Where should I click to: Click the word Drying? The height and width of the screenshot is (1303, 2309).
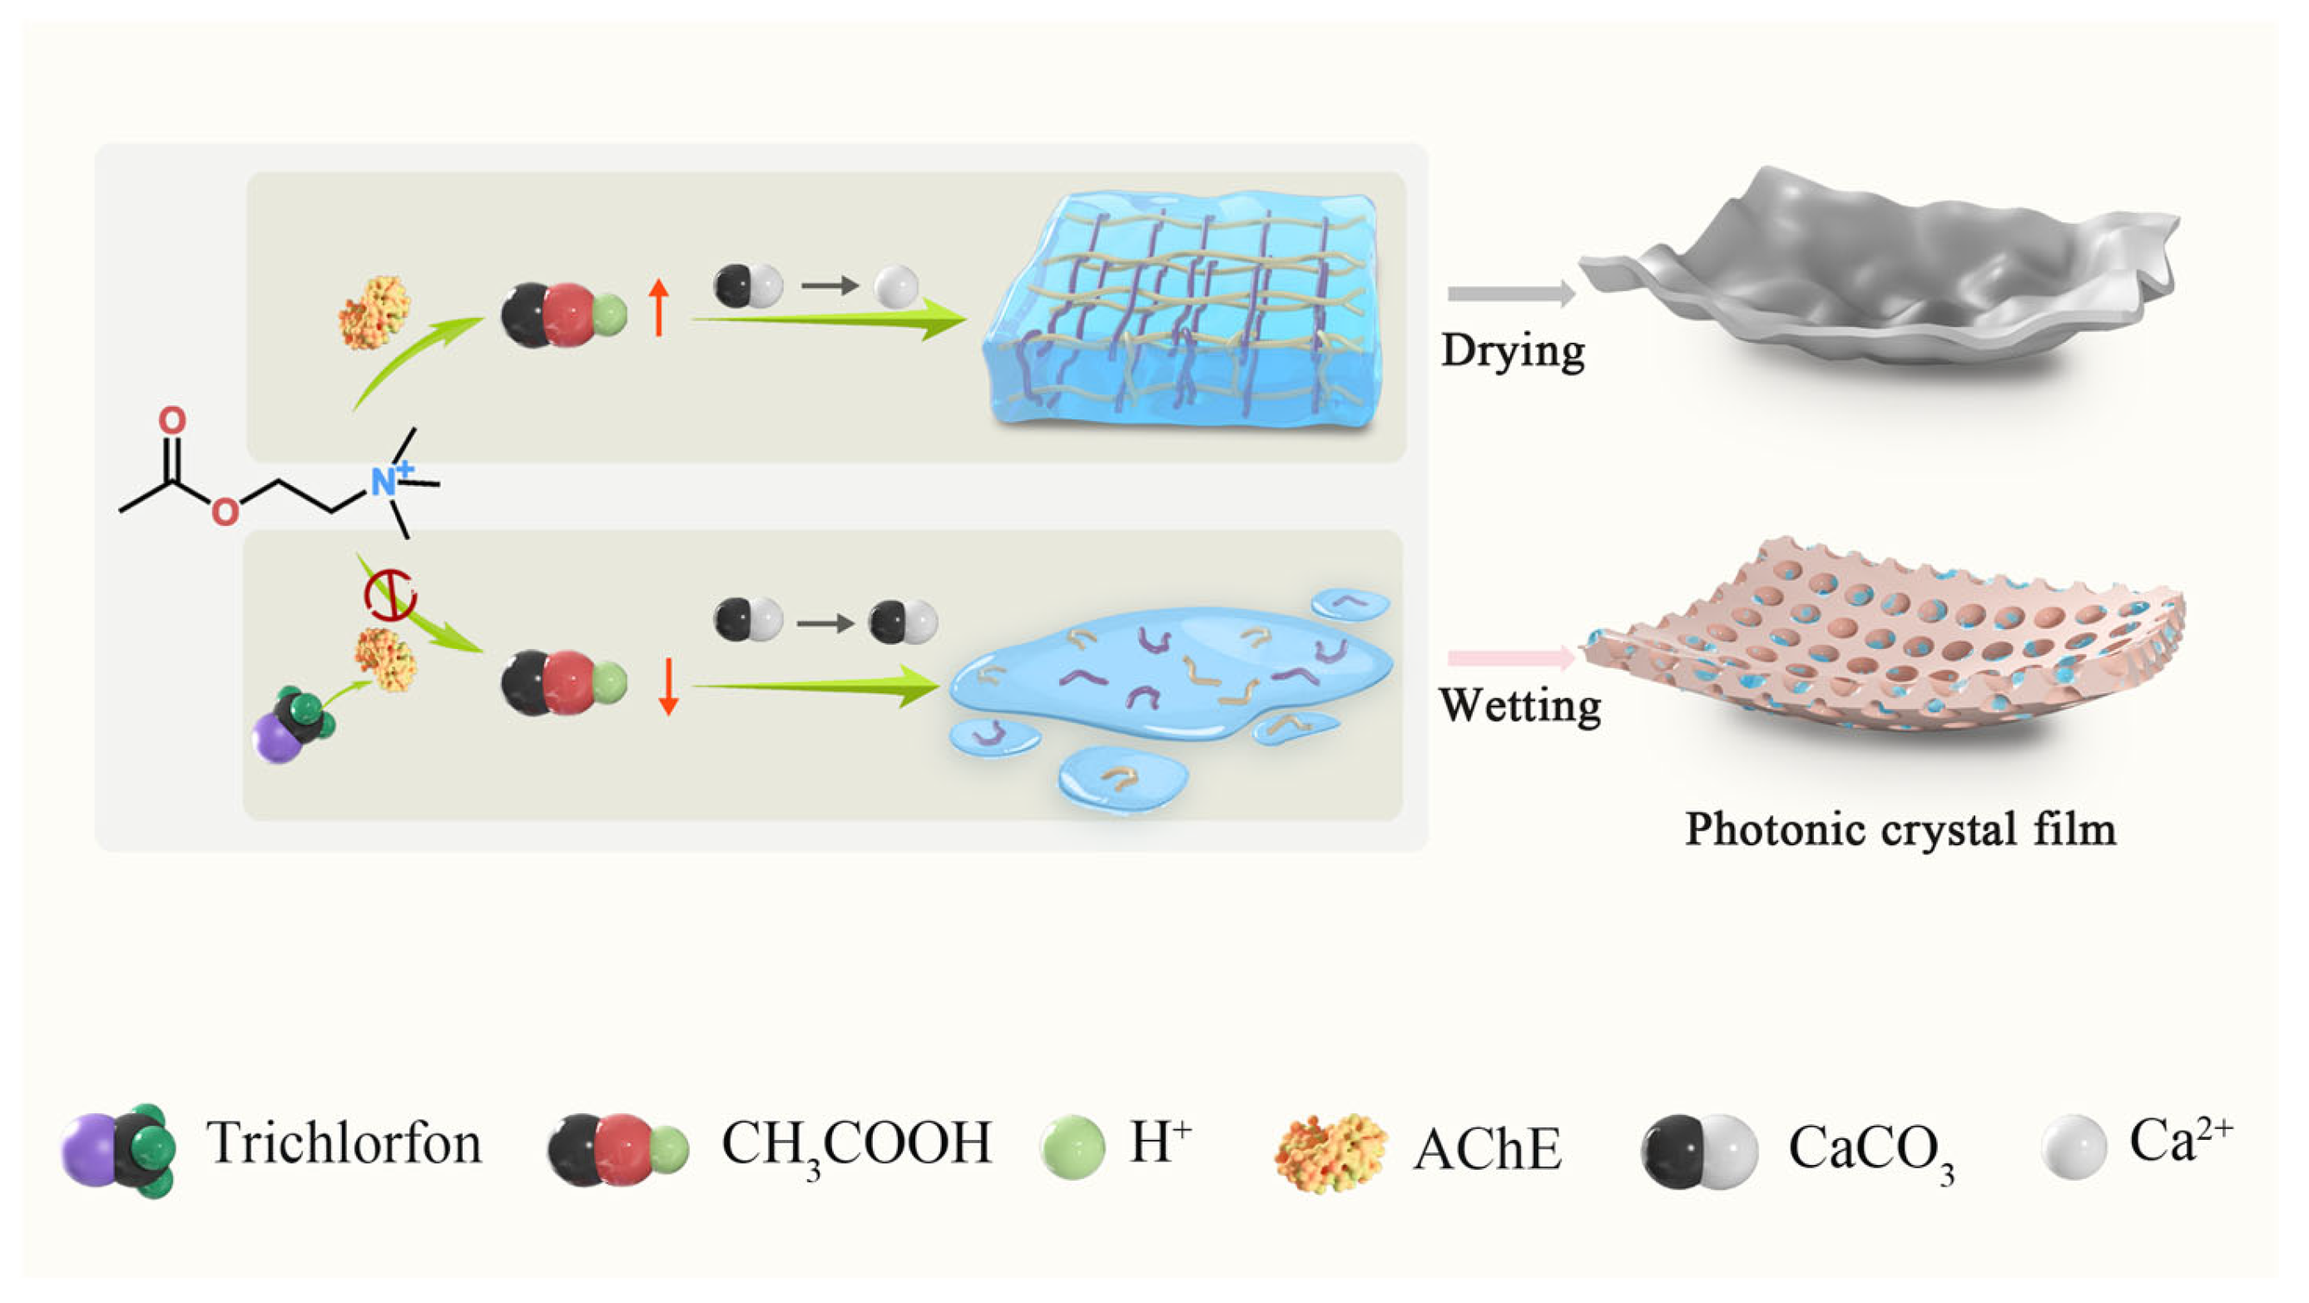(x=1512, y=349)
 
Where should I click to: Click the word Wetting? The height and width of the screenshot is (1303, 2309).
(x=1519, y=706)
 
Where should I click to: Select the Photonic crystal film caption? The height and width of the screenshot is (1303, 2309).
(x=1900, y=828)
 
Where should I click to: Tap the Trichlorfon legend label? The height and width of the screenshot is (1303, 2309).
(x=344, y=1143)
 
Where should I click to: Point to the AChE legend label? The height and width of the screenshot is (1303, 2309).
(x=1488, y=1149)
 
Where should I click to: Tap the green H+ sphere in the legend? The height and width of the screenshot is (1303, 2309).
(x=1073, y=1147)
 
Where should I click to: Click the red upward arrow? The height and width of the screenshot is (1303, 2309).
(x=659, y=306)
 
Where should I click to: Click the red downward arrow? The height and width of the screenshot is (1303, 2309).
(x=666, y=686)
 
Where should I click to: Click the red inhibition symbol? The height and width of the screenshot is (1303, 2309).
(x=390, y=595)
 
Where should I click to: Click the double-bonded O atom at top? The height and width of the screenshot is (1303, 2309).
(x=172, y=419)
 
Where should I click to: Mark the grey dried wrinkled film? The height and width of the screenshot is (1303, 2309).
(x=1882, y=269)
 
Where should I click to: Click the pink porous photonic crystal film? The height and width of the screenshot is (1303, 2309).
(x=1882, y=637)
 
